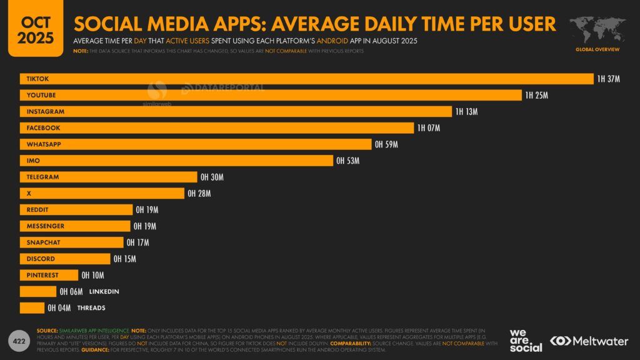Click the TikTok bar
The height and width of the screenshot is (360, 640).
click(306, 79)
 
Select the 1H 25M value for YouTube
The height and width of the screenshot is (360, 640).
click(536, 95)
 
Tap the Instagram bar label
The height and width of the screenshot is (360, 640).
click(45, 111)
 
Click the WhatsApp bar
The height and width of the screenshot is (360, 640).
click(196, 144)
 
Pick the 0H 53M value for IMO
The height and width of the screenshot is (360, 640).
click(347, 161)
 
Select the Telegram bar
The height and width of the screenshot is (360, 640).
click(109, 177)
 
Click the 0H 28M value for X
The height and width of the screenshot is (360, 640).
click(199, 194)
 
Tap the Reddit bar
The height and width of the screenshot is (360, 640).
click(76, 210)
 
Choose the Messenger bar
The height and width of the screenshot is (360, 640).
click(75, 226)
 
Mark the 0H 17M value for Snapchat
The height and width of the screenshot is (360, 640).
click(137, 242)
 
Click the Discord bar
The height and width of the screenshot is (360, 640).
click(65, 259)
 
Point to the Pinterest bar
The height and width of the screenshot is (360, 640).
click(49, 275)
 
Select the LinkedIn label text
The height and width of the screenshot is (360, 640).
click(104, 291)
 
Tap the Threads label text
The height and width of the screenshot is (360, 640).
click(91, 307)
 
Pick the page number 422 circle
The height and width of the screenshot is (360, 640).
click(19, 341)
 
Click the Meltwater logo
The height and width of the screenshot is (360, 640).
click(590, 341)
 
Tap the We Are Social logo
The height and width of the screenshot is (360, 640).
click(526, 340)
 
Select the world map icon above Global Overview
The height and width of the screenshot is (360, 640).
click(597, 29)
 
